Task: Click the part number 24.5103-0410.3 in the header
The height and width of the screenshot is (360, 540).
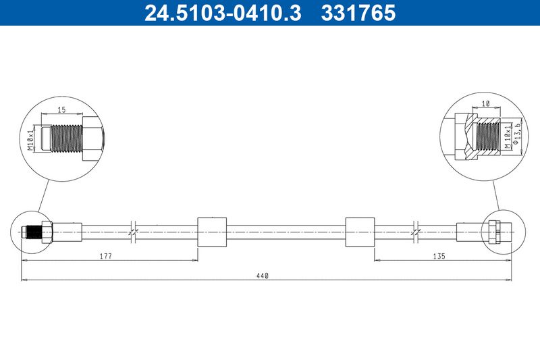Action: tap(223, 13)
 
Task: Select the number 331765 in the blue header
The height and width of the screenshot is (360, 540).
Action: tap(358, 13)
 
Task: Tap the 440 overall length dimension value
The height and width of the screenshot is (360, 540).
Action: tap(262, 276)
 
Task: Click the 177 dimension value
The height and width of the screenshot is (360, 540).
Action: tap(106, 256)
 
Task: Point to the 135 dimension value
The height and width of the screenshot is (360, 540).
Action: tap(439, 256)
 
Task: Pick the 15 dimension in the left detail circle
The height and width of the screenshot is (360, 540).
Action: tap(61, 110)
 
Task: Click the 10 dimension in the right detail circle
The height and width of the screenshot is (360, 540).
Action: tap(486, 104)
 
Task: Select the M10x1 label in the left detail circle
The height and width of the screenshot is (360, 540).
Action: tap(31, 138)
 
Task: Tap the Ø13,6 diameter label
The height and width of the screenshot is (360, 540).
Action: tap(516, 135)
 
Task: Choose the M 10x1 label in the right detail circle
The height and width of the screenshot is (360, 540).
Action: tap(508, 136)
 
